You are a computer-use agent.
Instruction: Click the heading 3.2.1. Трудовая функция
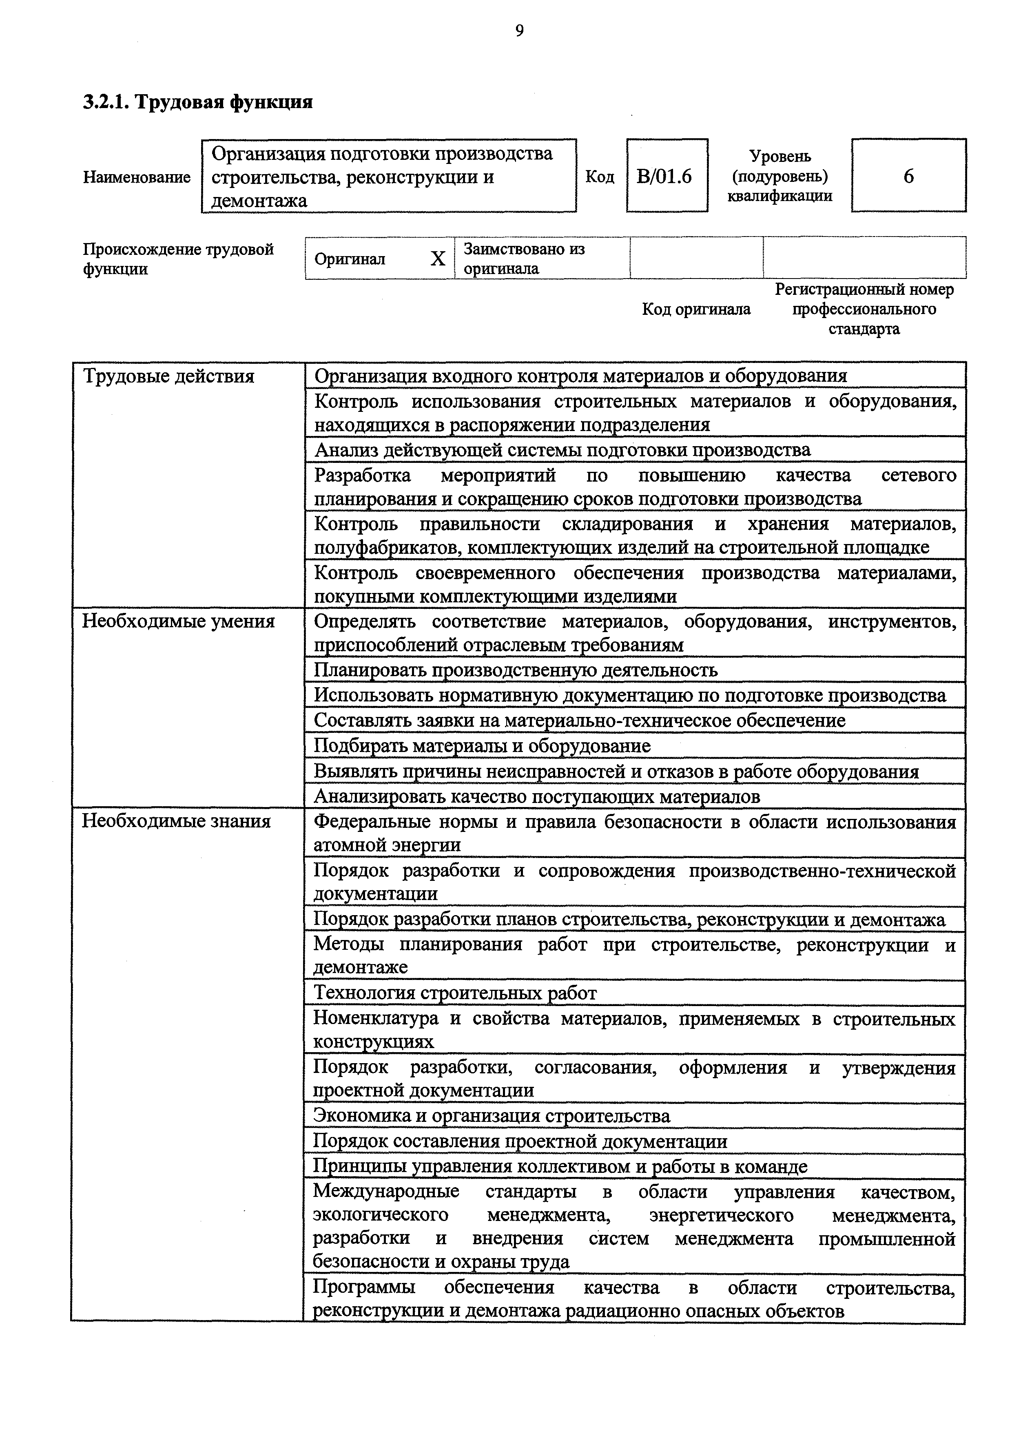(x=198, y=102)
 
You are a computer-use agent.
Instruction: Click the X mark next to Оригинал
(x=438, y=259)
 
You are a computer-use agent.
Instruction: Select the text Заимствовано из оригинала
(x=524, y=259)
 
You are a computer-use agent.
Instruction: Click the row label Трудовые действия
(x=168, y=376)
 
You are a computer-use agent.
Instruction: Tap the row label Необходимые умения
(x=178, y=622)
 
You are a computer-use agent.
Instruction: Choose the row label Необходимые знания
(x=177, y=821)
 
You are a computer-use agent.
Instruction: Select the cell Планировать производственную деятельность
(x=515, y=670)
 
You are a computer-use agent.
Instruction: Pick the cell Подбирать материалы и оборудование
(x=482, y=746)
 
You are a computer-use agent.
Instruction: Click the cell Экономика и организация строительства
(x=492, y=1116)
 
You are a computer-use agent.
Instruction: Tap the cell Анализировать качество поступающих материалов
(x=536, y=796)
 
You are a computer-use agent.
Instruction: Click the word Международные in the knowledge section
(x=386, y=1192)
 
